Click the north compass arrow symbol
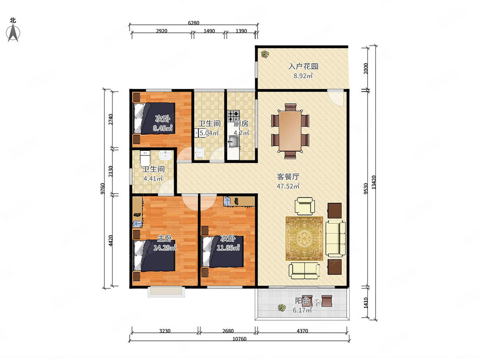(13, 33)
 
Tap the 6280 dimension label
(194, 23)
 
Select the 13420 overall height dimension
(374, 182)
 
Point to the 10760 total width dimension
(239, 339)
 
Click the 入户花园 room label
(303, 66)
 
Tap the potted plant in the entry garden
(265, 54)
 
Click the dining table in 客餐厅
(290, 131)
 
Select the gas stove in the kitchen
(234, 116)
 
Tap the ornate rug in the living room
(304, 238)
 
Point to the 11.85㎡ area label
(228, 248)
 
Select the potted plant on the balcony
(282, 308)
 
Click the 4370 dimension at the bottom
(302, 331)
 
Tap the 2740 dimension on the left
(111, 119)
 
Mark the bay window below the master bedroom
(166, 292)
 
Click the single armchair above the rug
(305, 206)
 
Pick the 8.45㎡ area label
(162, 128)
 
